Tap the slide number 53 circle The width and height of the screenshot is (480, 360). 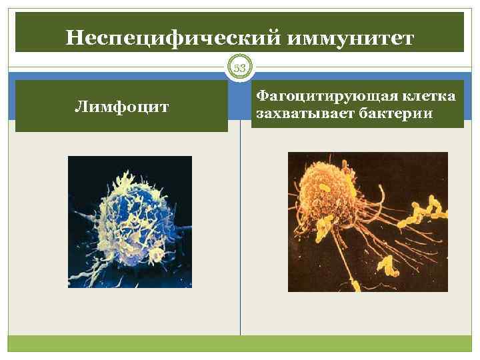[x=240, y=67]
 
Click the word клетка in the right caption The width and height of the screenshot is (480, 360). [x=427, y=97]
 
